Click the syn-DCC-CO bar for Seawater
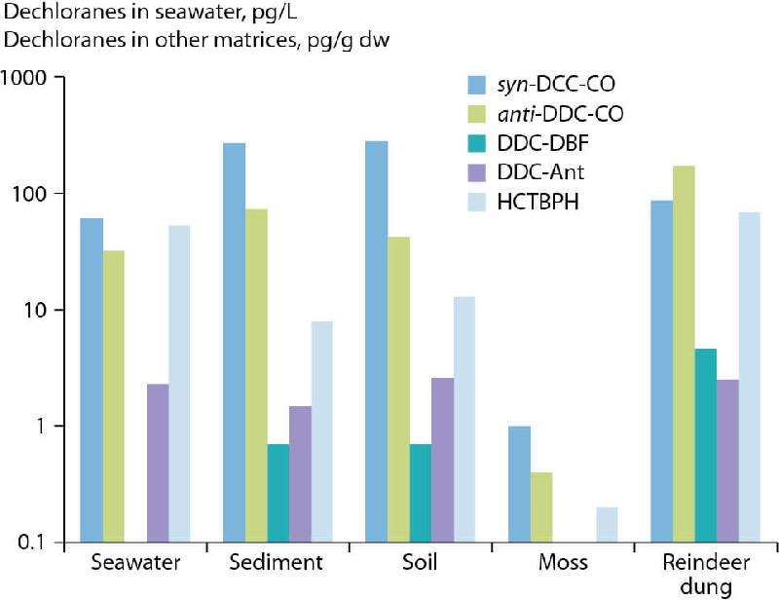[x=92, y=380]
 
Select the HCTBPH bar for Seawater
[x=178, y=384]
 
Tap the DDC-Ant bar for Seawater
[x=157, y=463]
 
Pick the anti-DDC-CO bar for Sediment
[x=256, y=375]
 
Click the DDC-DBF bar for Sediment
[x=278, y=493]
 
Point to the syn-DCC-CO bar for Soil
[x=376, y=341]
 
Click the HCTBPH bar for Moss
[x=606, y=524]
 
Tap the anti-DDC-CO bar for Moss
[x=540, y=507]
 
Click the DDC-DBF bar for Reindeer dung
[x=705, y=445]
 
